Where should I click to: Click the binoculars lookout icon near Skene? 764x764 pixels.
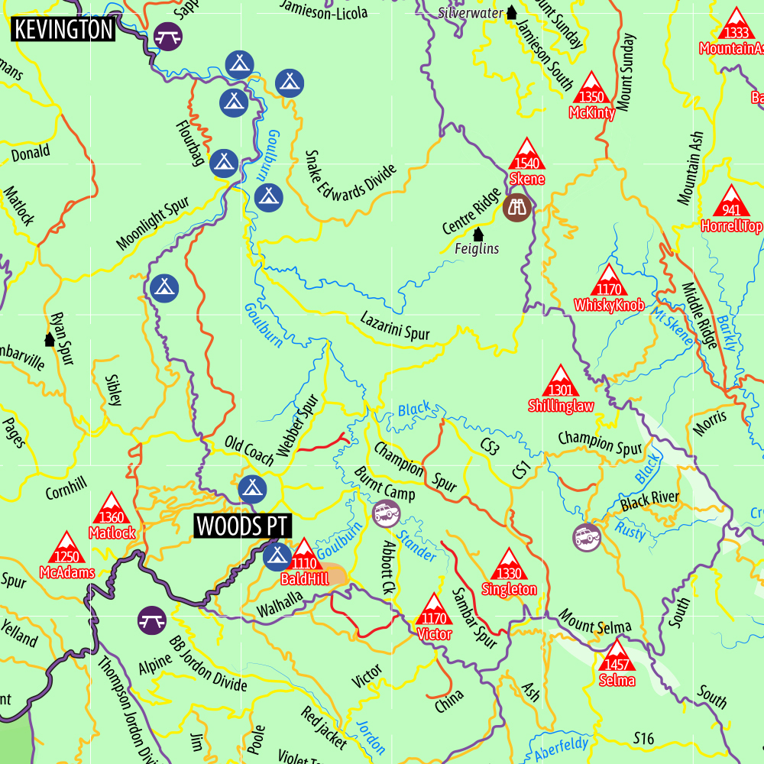[x=517, y=207]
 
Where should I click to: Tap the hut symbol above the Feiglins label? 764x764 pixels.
[x=478, y=233]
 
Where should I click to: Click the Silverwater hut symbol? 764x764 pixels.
[x=511, y=12]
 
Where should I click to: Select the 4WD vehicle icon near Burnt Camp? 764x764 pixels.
[x=387, y=513]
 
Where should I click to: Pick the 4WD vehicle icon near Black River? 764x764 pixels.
[x=587, y=536]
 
